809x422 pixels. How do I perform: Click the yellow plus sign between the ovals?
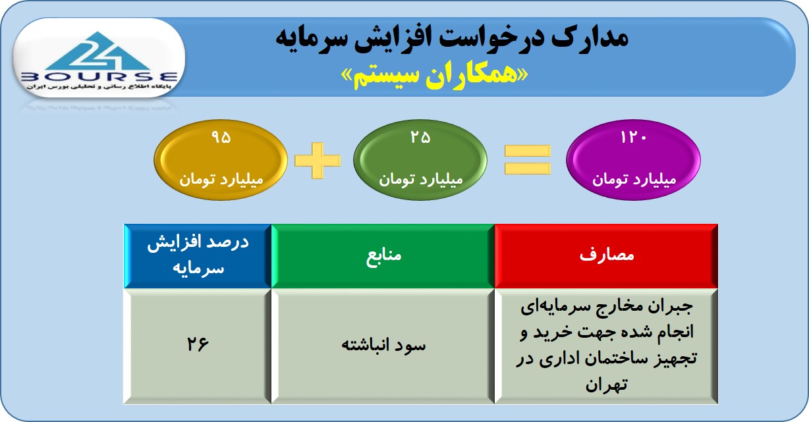pyautogui.click(x=318, y=161)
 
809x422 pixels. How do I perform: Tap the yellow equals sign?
pyautogui.click(x=528, y=160)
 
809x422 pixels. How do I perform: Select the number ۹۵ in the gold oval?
pyautogui.click(x=221, y=137)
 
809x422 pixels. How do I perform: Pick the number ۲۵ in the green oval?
pyautogui.click(x=420, y=137)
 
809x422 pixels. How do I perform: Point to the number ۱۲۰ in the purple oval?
pyautogui.click(x=634, y=137)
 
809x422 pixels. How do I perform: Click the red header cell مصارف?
pyautogui.click(x=606, y=256)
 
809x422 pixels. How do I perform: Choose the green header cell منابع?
pyautogui.click(x=383, y=256)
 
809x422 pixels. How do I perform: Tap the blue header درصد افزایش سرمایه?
pyautogui.click(x=198, y=256)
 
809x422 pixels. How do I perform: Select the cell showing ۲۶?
pyautogui.click(x=198, y=346)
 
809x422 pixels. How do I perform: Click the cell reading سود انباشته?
pyautogui.click(x=383, y=346)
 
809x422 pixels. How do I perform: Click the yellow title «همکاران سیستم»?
pyautogui.click(x=435, y=76)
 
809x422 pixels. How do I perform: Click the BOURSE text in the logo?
pyautogui.click(x=99, y=77)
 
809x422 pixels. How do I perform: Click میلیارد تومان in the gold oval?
pyautogui.click(x=221, y=180)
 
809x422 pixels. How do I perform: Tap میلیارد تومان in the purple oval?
pyautogui.click(x=634, y=180)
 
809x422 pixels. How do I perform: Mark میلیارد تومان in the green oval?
pyautogui.click(x=421, y=180)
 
